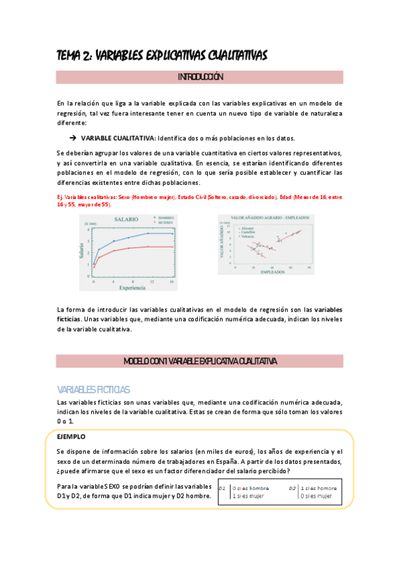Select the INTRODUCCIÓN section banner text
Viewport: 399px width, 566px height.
(200, 77)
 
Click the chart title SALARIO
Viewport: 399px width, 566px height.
(126, 219)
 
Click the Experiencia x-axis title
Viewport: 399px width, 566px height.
(133, 287)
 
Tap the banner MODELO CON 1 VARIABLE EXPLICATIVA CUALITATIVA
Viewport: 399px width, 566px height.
(200, 361)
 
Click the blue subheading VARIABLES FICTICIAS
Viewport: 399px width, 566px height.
(93, 390)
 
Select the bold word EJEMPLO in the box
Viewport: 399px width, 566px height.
(72, 437)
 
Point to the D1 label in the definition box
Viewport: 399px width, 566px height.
(223, 488)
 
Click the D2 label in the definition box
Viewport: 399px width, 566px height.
(292, 488)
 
